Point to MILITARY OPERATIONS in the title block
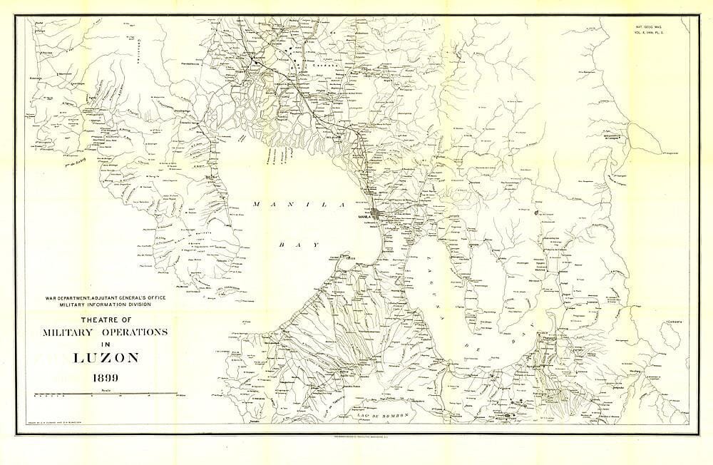pos(104,332)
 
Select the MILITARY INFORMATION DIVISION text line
pos(104,305)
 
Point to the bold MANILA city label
pos(364,215)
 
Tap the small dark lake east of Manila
pos(534,212)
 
